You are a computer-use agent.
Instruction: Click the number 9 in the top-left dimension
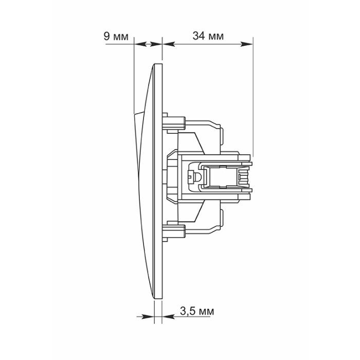107,37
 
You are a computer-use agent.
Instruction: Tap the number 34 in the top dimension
199,36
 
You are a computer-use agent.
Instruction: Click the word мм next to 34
215,37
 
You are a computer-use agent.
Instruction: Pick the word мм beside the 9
120,37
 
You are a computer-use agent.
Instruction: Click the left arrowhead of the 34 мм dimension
169,44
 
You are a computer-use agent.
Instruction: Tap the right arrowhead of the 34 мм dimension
246,44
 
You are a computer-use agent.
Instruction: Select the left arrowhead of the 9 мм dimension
140,44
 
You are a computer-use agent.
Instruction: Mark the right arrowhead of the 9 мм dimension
156,44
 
